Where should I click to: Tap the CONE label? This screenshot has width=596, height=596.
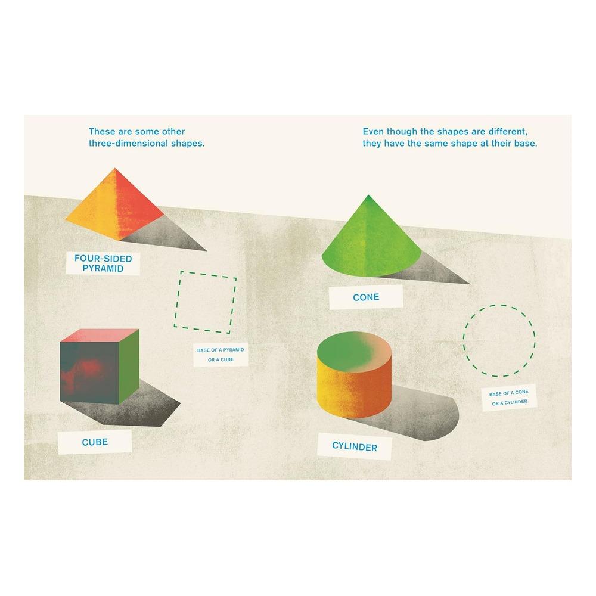coord(366,297)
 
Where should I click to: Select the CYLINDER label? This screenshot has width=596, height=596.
coord(354,445)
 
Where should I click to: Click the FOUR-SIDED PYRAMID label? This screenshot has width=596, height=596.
coord(103,263)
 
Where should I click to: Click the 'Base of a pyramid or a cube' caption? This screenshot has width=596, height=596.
coord(221,355)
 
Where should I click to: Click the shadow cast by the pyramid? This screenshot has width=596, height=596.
coord(173,238)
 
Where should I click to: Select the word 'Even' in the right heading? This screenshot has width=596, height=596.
coord(374,132)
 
